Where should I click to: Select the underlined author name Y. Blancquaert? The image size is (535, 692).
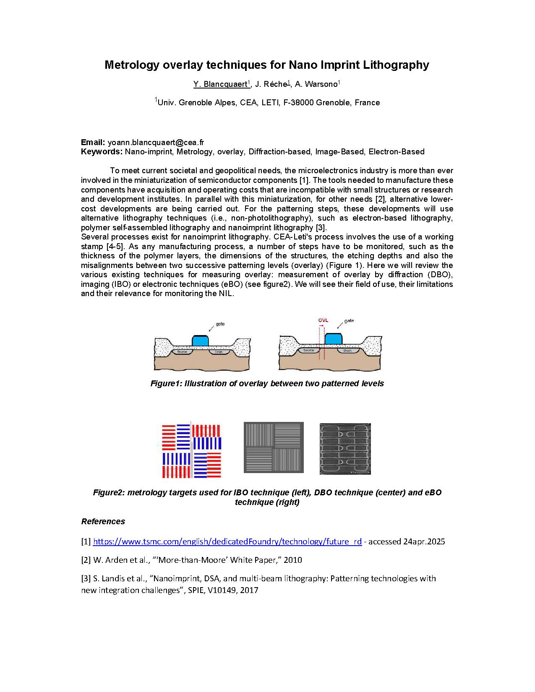click(x=220, y=84)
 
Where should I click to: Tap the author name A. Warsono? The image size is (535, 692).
click(x=316, y=84)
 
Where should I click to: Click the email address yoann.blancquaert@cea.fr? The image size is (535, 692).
click(x=156, y=143)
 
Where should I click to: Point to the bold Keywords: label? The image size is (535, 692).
click(x=102, y=152)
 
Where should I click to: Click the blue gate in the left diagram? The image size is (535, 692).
click(x=200, y=340)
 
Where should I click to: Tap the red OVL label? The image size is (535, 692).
click(x=323, y=321)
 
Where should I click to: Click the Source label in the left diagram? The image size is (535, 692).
click(x=182, y=351)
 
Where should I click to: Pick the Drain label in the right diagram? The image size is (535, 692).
click(x=347, y=350)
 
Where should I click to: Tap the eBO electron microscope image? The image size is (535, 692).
click(x=345, y=449)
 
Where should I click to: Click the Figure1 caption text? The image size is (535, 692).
click(x=267, y=383)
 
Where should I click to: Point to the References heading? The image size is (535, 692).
click(x=103, y=521)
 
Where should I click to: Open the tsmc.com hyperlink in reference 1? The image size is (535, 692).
click(x=227, y=541)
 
